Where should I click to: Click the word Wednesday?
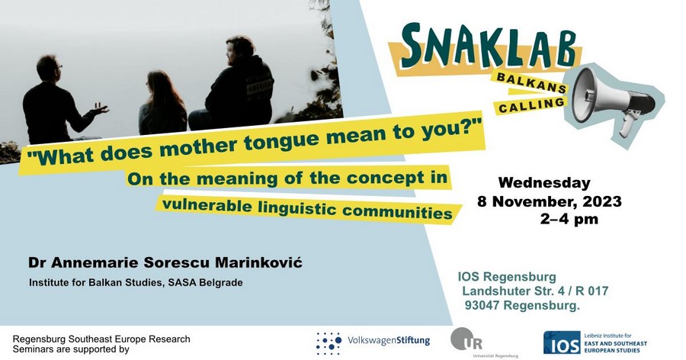(544, 183)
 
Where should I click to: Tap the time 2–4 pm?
(569, 220)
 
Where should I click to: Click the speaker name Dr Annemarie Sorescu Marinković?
(165, 262)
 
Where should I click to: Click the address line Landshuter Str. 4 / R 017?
(534, 291)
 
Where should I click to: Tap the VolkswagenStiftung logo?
(373, 341)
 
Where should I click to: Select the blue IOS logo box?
(562, 342)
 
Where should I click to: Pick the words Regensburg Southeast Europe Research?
(101, 339)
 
